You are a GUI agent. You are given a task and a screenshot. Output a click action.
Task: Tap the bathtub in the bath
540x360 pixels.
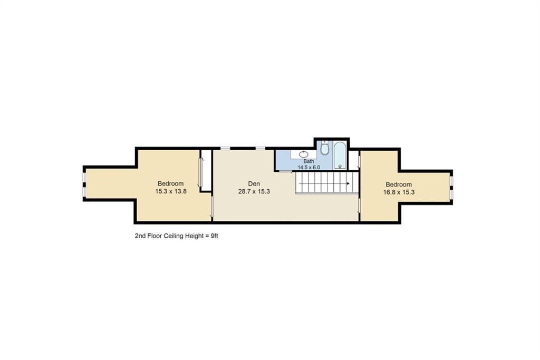[x=340, y=155]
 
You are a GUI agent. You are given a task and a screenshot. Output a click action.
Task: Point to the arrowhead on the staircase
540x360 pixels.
[x=348, y=183]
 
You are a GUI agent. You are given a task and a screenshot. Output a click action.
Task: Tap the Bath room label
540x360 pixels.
[x=308, y=161]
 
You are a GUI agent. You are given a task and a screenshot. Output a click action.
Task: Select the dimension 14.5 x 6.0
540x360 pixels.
[x=308, y=167]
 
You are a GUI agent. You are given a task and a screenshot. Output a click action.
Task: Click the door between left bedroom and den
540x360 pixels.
[x=212, y=207]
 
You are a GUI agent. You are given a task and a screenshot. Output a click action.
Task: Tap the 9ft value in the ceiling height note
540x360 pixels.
[x=214, y=236]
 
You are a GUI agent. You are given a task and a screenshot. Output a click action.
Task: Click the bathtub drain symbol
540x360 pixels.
[x=340, y=166]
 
